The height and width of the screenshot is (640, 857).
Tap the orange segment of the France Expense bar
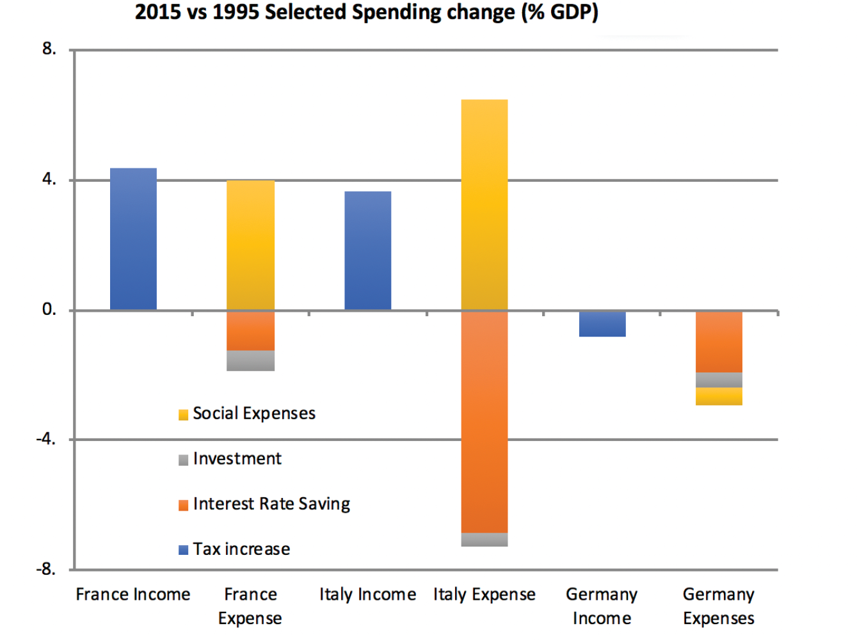(x=250, y=331)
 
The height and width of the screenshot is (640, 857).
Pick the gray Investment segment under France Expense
(x=250, y=360)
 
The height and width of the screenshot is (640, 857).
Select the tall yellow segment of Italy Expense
(x=484, y=205)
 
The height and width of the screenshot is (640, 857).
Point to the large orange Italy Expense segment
(x=484, y=422)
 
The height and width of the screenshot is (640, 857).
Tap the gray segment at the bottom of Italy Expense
(x=484, y=540)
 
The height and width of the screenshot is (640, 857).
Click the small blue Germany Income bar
(x=602, y=324)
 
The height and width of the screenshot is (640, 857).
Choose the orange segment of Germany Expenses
(x=719, y=342)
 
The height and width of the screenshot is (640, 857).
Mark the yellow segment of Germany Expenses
(x=719, y=396)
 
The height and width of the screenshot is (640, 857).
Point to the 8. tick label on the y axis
(x=49, y=49)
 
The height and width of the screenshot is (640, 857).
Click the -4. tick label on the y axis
(x=46, y=439)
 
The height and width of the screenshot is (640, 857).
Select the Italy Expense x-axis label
(x=484, y=595)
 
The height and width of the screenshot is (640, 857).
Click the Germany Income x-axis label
(x=602, y=606)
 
